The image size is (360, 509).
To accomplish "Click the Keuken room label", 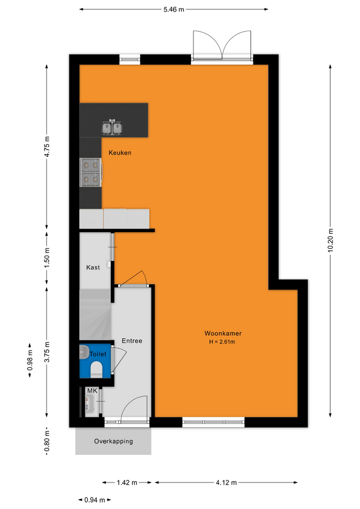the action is (120, 153).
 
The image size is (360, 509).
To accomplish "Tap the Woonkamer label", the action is (223, 334).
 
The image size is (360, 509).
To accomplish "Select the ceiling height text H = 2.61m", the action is (222, 342).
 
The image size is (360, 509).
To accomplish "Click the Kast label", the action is (93, 267).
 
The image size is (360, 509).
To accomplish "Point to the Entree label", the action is (132, 341).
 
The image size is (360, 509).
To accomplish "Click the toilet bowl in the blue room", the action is (96, 370).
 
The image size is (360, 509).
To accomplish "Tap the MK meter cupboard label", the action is (92, 391).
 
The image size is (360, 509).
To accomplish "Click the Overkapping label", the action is (113, 442).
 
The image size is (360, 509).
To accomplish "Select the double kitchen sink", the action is (112, 128).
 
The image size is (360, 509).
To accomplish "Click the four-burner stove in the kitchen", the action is (91, 172).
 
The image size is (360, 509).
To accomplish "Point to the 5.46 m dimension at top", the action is (174, 10).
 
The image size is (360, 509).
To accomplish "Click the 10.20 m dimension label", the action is (330, 241).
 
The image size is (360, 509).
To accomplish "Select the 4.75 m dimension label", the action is (47, 147).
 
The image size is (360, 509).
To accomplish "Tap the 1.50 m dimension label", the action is (47, 258).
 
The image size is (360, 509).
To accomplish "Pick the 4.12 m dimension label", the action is (226, 482).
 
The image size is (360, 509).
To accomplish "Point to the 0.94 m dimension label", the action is (94, 500).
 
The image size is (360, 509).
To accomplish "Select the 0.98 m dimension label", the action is (30, 360).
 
